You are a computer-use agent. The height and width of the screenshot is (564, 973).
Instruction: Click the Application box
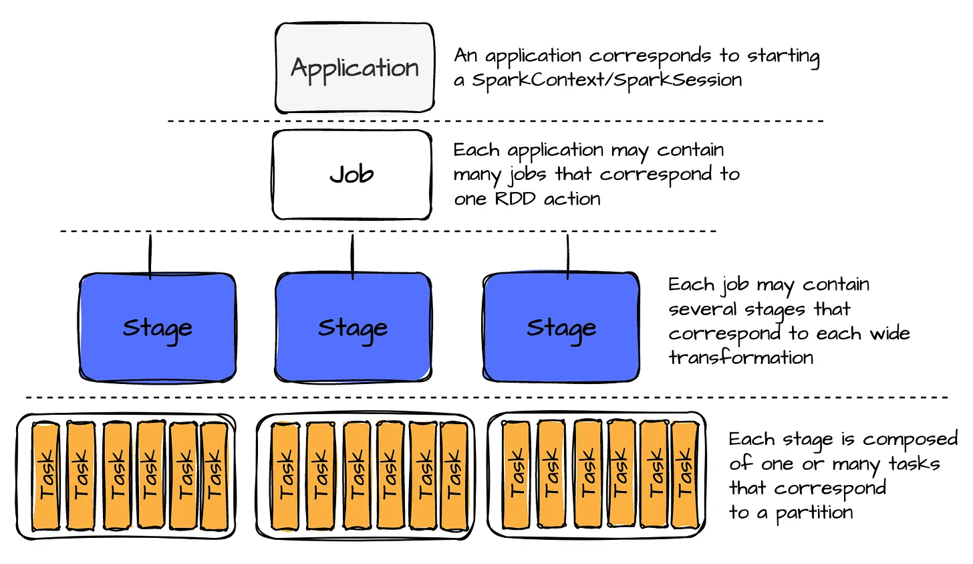(354, 68)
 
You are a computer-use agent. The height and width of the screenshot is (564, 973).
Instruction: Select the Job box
(352, 175)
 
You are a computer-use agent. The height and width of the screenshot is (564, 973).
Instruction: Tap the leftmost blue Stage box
(157, 327)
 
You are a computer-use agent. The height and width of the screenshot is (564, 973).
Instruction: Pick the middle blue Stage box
(353, 327)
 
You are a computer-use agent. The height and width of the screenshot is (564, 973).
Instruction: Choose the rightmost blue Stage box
(561, 327)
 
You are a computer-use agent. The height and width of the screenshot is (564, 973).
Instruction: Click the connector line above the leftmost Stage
(150, 254)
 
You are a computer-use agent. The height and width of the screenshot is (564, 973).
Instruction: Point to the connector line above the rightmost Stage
(567, 254)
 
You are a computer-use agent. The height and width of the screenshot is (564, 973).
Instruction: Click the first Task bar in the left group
(46, 476)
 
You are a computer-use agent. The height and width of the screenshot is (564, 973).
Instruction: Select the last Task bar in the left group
(214, 476)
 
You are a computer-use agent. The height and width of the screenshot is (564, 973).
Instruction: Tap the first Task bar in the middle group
(286, 476)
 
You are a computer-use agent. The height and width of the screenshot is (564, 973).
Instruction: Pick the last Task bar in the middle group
(454, 476)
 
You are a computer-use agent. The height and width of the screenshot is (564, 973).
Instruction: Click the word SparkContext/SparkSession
(607, 80)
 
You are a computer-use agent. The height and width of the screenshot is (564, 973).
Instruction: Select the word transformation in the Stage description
(740, 357)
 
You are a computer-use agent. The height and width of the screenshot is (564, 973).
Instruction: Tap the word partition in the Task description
(814, 513)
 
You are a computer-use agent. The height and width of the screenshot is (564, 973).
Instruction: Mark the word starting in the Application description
(783, 56)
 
